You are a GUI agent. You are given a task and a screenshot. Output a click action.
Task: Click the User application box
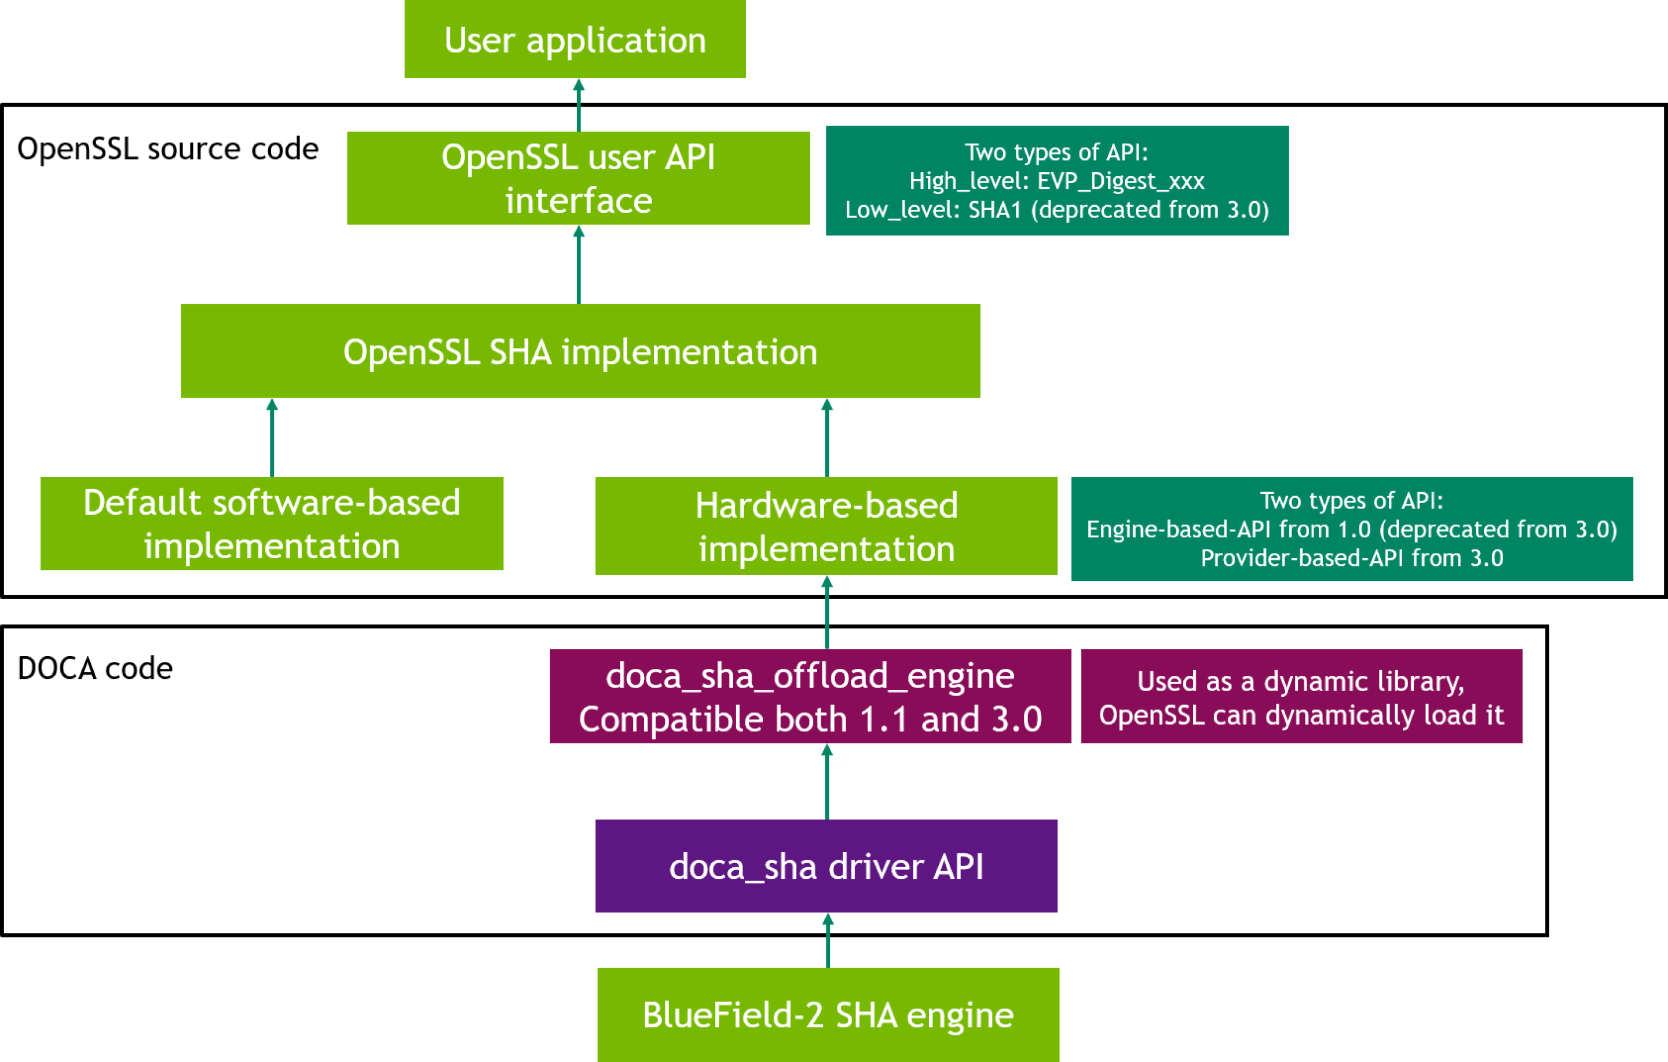pos(575,39)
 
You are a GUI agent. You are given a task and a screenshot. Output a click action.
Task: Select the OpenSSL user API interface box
pos(579,178)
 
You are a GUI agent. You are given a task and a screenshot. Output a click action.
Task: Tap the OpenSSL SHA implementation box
pos(580,351)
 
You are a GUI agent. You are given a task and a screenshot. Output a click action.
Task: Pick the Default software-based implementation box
pos(272,523)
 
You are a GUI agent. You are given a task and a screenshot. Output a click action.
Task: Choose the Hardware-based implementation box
pos(826,526)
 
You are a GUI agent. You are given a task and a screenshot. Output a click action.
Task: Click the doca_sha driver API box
pos(826,866)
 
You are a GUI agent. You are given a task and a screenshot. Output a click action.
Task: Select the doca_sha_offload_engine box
pos(810,696)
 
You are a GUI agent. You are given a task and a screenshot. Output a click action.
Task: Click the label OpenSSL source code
pos(167,149)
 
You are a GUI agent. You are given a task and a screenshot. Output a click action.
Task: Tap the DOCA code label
pos(95,668)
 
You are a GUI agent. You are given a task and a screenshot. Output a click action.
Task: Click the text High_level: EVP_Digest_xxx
pos(1056,181)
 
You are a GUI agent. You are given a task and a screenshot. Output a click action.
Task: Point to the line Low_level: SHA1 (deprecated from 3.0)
pos(1056,209)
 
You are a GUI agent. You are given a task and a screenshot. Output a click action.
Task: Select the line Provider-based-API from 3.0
pos(1351,558)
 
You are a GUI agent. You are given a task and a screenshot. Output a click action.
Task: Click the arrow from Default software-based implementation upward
pos(272,438)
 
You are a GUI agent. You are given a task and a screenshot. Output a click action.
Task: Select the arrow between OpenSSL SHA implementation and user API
pos(579,265)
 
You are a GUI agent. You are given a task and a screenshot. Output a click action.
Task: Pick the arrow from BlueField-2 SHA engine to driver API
pos(828,941)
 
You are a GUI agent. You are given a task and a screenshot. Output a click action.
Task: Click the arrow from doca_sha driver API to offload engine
pos(827,782)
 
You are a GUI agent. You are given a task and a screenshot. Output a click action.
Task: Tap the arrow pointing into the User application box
pos(579,106)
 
